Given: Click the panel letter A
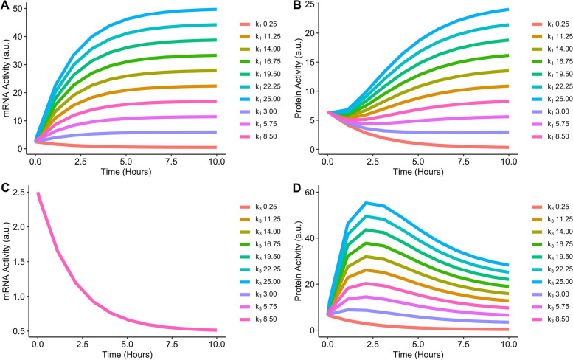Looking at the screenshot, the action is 4,6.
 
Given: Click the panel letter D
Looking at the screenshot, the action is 297,188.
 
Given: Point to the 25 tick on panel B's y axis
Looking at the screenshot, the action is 310,4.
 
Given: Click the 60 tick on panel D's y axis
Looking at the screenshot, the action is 310,193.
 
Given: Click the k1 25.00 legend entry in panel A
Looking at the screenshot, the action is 260,99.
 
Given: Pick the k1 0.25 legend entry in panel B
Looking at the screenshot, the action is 550,24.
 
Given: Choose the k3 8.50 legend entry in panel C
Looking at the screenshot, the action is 258,319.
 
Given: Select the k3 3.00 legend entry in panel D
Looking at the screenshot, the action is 550,294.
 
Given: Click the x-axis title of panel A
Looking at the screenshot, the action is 126,171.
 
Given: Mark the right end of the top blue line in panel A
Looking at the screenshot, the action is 215,10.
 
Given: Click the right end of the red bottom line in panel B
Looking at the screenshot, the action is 507,148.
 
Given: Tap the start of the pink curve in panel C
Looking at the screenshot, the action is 38,193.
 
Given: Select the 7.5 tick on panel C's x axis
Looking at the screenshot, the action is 172,345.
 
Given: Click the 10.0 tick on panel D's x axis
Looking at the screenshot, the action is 509,345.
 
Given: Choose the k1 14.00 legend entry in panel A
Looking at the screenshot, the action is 260,49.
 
